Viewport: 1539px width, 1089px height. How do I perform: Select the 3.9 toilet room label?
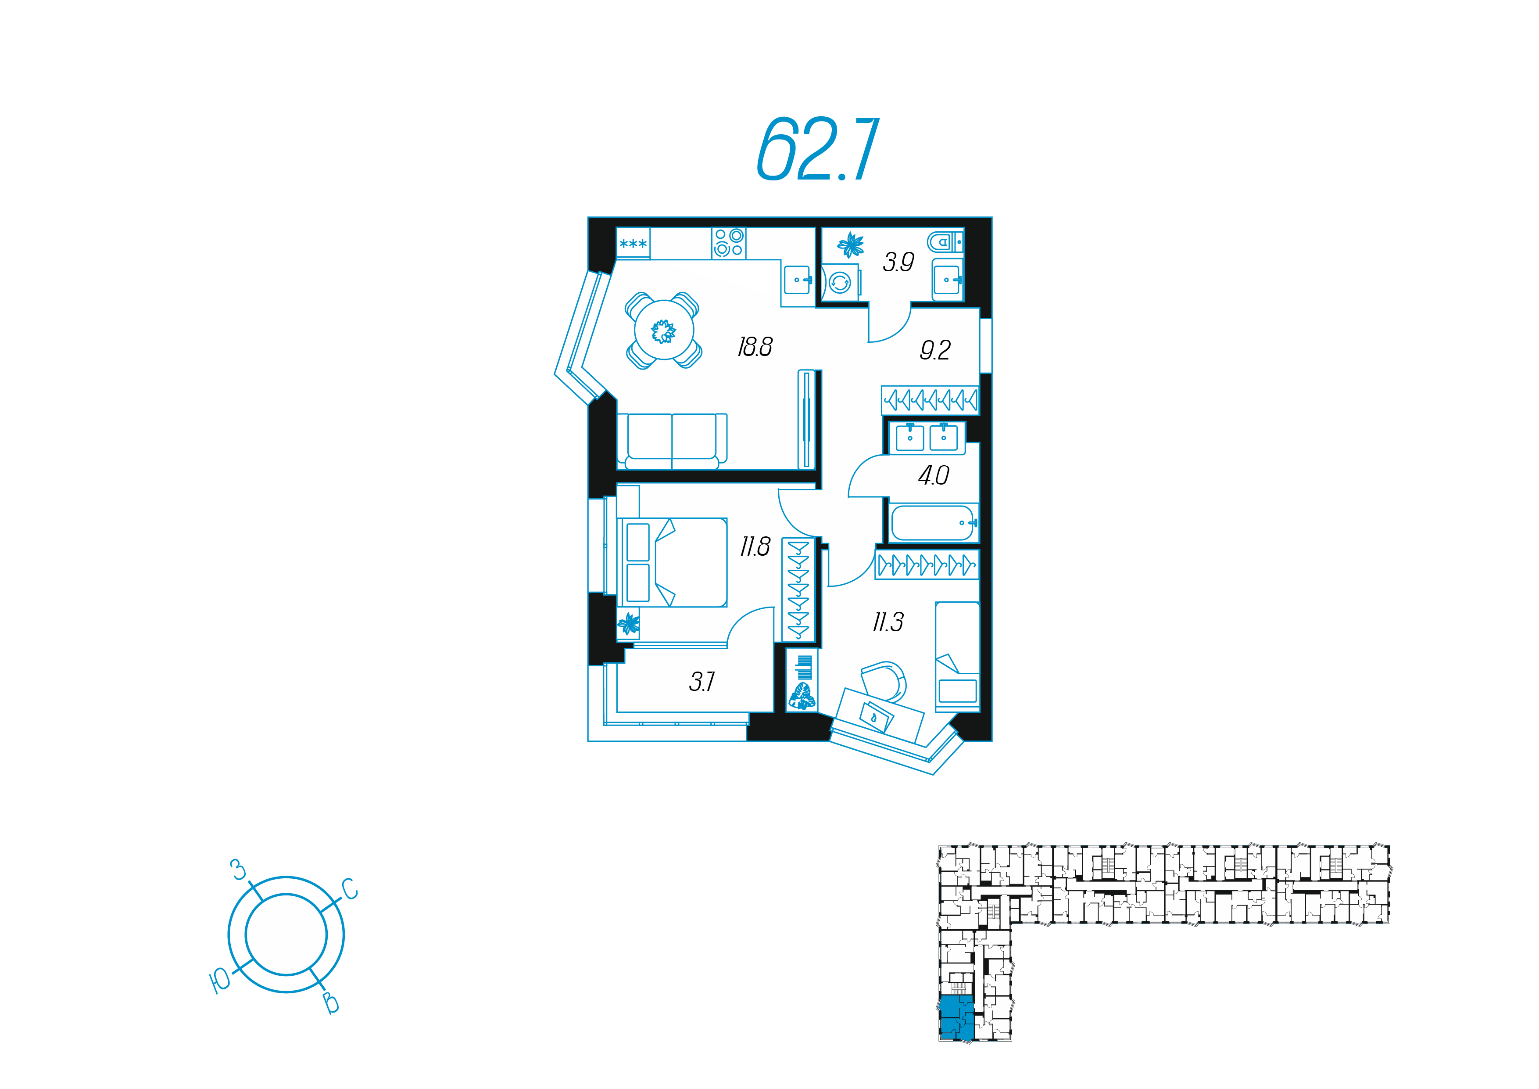[898, 262]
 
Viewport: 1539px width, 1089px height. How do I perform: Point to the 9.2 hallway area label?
[935, 349]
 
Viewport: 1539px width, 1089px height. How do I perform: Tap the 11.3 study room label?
[888, 622]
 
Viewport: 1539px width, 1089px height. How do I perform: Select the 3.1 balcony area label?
[702, 682]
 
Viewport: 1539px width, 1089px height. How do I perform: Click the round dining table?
[664, 331]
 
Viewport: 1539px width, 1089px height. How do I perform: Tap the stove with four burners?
[729, 243]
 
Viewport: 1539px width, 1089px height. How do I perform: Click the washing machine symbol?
[840, 283]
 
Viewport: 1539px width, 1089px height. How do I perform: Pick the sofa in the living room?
[672, 441]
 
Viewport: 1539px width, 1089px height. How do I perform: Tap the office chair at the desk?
[885, 681]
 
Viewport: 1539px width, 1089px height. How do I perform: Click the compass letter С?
[350, 889]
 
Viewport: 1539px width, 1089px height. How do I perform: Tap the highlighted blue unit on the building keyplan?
[955, 1018]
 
